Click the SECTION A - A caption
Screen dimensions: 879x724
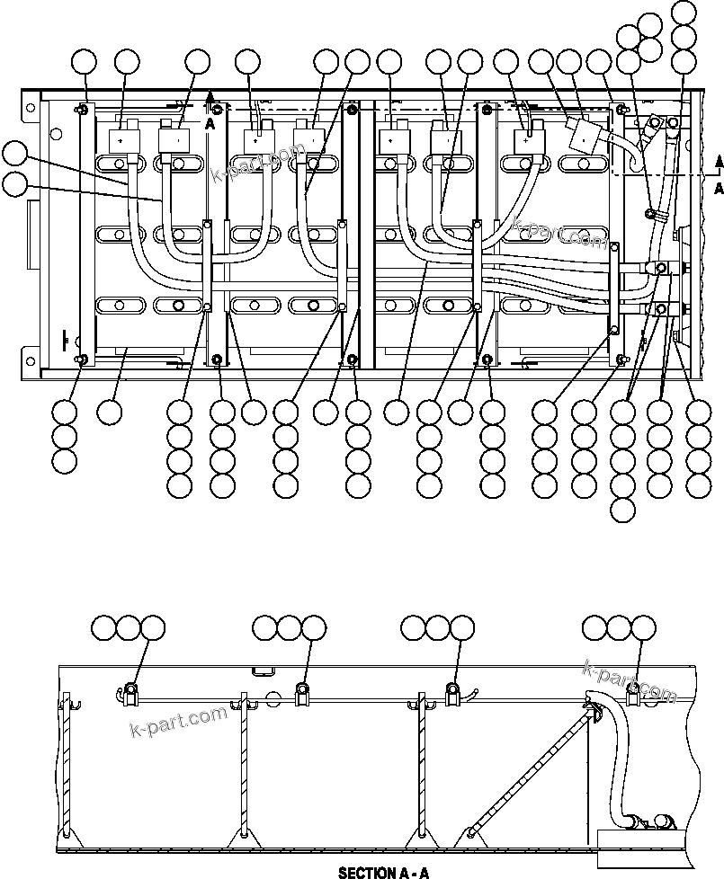[384, 872]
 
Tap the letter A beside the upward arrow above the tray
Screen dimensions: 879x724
[210, 125]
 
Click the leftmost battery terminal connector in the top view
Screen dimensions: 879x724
[121, 140]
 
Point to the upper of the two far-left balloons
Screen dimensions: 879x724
[13, 153]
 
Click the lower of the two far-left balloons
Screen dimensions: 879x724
[13, 183]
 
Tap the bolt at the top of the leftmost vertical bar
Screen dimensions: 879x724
[82, 110]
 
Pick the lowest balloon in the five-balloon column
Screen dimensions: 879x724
[621, 511]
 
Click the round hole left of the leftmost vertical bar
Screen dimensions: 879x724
[56, 136]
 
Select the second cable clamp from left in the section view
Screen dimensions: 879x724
[303, 691]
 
